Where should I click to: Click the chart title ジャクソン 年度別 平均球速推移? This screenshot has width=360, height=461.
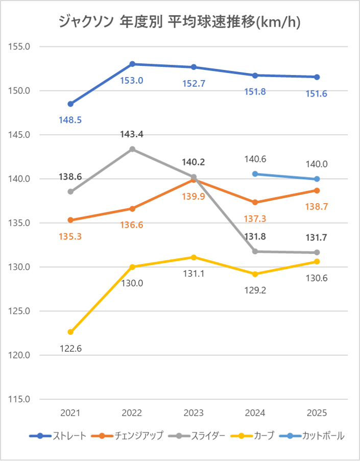[179, 22]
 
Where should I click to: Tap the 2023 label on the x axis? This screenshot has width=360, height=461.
[194, 413]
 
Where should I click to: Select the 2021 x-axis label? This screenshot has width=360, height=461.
[70, 413]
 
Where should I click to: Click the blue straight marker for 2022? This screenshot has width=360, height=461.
[132, 64]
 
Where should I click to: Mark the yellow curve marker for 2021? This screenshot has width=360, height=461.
[70, 332]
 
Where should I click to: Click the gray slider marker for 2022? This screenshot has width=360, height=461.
[132, 149]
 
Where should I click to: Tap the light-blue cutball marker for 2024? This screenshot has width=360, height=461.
[255, 174]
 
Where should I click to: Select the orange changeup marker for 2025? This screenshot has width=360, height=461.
[317, 190]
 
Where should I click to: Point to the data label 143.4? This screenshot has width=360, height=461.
[132, 135]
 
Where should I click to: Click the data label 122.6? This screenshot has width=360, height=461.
[71, 349]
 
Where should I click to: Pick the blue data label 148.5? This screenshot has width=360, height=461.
[71, 120]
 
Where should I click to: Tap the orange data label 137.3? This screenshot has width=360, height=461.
[255, 219]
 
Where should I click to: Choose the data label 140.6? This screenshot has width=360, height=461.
[255, 159]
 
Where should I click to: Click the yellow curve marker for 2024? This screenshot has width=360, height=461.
[255, 274]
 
